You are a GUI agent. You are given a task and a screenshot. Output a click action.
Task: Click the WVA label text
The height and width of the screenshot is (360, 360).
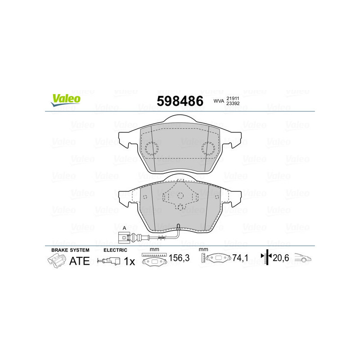pos(219,101)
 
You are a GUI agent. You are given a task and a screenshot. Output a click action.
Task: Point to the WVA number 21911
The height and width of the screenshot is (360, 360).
pos(232,98)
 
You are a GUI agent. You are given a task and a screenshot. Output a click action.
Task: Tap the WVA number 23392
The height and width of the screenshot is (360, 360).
pos(232,104)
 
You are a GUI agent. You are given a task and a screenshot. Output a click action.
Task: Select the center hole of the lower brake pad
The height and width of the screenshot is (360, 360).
pos(180,195)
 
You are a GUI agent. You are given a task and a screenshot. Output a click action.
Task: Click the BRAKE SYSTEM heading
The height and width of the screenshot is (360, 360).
pos(70,250)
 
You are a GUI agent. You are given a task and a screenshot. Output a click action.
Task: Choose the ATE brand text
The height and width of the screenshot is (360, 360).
pos(79,261)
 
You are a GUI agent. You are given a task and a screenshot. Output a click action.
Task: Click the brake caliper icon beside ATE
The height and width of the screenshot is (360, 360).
pos(56,260)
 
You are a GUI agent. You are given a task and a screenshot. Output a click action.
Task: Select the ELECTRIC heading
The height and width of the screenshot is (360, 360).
pos(116,250)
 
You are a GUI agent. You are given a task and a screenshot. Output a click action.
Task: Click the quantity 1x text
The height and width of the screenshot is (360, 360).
pos(129,261)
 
